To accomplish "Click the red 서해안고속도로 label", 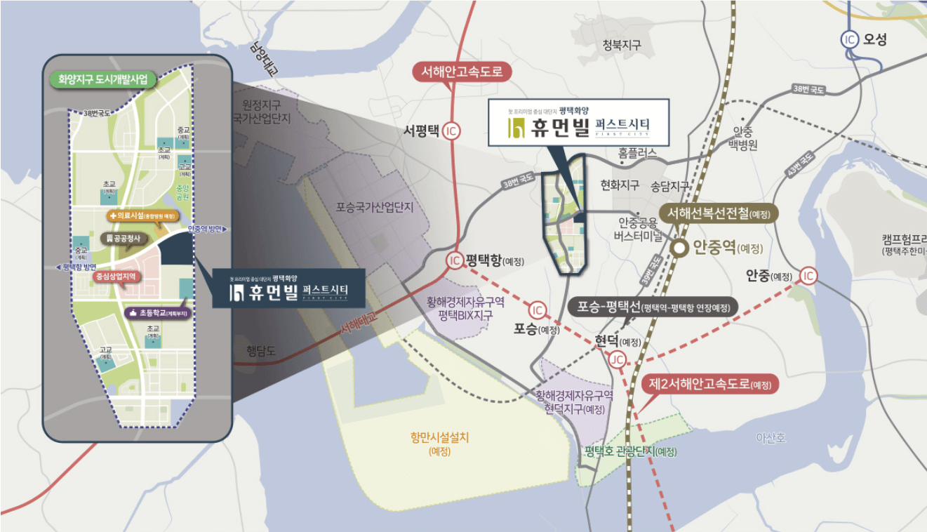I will [462, 72].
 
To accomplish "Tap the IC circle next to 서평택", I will [452, 131].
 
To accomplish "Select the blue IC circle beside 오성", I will [850, 40].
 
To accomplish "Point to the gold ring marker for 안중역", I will [679, 248].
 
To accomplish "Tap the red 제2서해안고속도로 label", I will [709, 384].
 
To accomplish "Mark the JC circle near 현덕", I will [617, 360].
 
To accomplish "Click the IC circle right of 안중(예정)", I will [808, 276].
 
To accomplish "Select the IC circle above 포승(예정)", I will [538, 310].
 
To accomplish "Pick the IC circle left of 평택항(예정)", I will [454, 260].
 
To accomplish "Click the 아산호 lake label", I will [771, 438].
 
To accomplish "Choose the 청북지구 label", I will [622, 45].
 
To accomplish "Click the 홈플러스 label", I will [637, 152].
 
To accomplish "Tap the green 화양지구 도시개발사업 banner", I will [103, 79].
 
